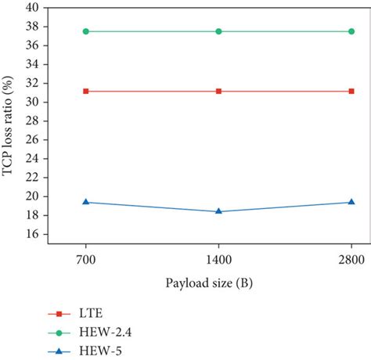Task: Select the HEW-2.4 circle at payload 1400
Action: coord(218,31)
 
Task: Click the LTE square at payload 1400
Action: coord(218,91)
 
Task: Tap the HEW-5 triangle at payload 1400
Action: coord(218,211)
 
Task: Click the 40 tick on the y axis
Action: coord(34,8)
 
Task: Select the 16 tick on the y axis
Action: coord(34,234)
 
